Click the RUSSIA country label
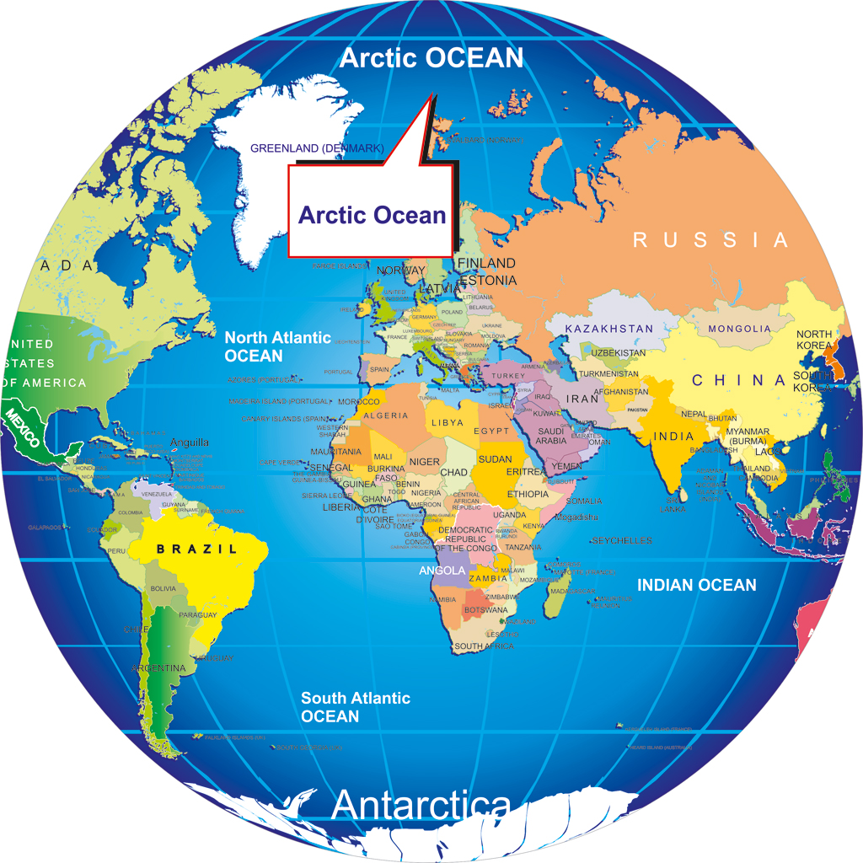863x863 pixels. [710, 240]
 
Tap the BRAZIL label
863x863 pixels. [196, 549]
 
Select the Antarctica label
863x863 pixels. [421, 806]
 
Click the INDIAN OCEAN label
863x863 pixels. [696, 585]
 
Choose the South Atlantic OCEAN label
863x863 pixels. [355, 707]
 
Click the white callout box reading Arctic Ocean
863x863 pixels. [372, 214]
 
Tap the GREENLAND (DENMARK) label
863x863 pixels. [317, 149]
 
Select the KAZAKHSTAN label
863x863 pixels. [608, 328]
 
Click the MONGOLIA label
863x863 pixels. [739, 329]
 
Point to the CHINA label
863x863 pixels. [738, 381]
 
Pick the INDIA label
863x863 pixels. [673, 437]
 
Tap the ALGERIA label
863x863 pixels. [386, 415]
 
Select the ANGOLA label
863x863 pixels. [442, 571]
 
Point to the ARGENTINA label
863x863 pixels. [158, 668]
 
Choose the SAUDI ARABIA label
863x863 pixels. [551, 436]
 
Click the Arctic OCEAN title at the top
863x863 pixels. [431, 58]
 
